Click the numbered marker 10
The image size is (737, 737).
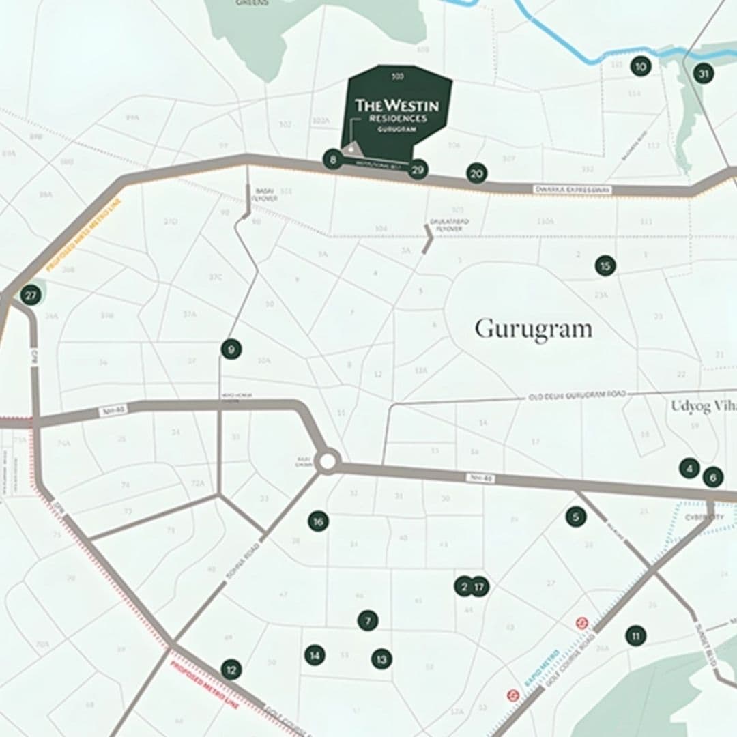640,66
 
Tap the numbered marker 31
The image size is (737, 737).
704,73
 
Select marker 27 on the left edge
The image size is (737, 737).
30,295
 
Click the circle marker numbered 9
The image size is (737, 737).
231,349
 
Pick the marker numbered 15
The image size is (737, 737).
605,265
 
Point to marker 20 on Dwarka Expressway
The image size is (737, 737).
477,173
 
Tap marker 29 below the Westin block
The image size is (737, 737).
418,169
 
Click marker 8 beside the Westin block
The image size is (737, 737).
332,160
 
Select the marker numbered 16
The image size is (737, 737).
318,521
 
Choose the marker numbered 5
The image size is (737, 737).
575,517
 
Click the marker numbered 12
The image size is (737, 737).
231,669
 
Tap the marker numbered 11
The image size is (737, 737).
635,636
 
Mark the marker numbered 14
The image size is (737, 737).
315,655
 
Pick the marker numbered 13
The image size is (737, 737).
381,659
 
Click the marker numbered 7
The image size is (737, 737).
367,620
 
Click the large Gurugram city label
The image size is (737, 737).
533,328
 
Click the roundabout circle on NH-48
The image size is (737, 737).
327,462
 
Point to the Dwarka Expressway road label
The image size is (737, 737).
572,189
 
